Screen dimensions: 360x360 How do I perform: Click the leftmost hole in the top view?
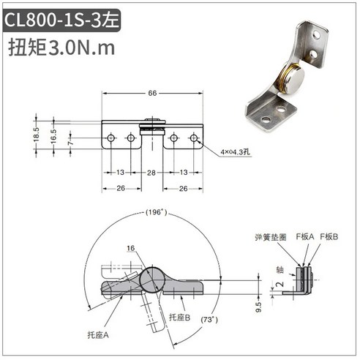coord(111,138)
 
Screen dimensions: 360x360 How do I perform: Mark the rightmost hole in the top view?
coord(194,138)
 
